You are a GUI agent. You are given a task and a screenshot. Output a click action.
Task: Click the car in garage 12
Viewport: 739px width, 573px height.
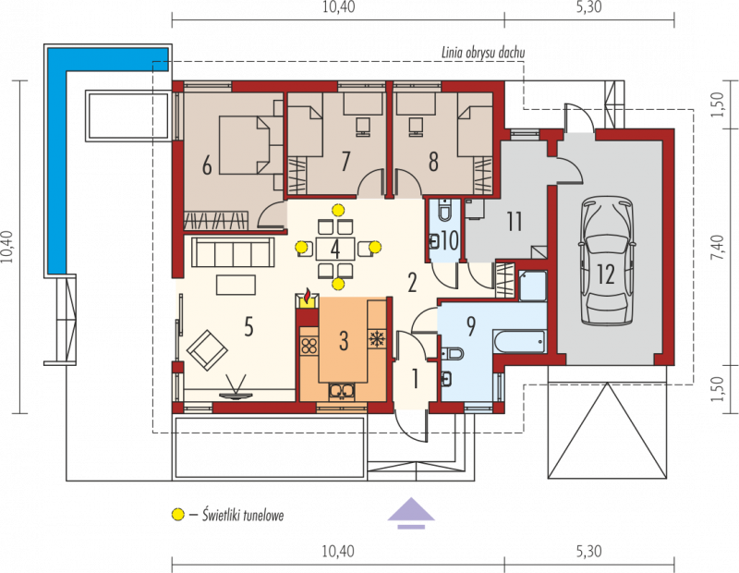point(606,261)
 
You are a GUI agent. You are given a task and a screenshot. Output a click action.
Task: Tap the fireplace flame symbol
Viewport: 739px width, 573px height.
point(308,297)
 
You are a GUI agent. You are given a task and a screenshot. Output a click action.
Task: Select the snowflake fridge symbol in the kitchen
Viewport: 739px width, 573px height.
point(376,338)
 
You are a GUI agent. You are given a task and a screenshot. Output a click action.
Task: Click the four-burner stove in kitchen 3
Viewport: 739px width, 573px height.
point(309,346)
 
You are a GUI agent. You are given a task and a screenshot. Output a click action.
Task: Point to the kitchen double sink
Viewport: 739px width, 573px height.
point(343,391)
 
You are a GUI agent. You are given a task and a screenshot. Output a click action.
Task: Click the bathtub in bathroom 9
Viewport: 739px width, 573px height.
point(519,341)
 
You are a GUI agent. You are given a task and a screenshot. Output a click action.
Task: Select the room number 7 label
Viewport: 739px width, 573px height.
point(345,162)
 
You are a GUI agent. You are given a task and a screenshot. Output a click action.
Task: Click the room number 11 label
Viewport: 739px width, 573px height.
point(515,222)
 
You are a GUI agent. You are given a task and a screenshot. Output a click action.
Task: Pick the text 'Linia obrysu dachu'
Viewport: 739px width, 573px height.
point(482,53)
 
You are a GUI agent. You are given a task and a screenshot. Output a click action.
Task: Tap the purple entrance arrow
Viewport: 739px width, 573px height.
point(411,513)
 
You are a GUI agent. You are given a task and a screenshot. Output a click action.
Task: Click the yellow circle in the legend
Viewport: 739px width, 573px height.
point(177,515)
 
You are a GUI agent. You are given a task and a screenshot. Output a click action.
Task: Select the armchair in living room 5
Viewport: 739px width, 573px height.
point(207,350)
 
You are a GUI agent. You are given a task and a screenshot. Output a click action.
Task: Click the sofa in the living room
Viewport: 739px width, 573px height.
point(233,253)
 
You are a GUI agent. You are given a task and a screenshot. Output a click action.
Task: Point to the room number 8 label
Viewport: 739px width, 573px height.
point(432,162)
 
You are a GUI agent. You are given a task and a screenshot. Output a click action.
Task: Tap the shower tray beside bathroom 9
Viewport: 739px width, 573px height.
point(533,286)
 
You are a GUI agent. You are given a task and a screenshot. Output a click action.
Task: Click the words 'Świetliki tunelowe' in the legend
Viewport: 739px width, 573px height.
point(243,515)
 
